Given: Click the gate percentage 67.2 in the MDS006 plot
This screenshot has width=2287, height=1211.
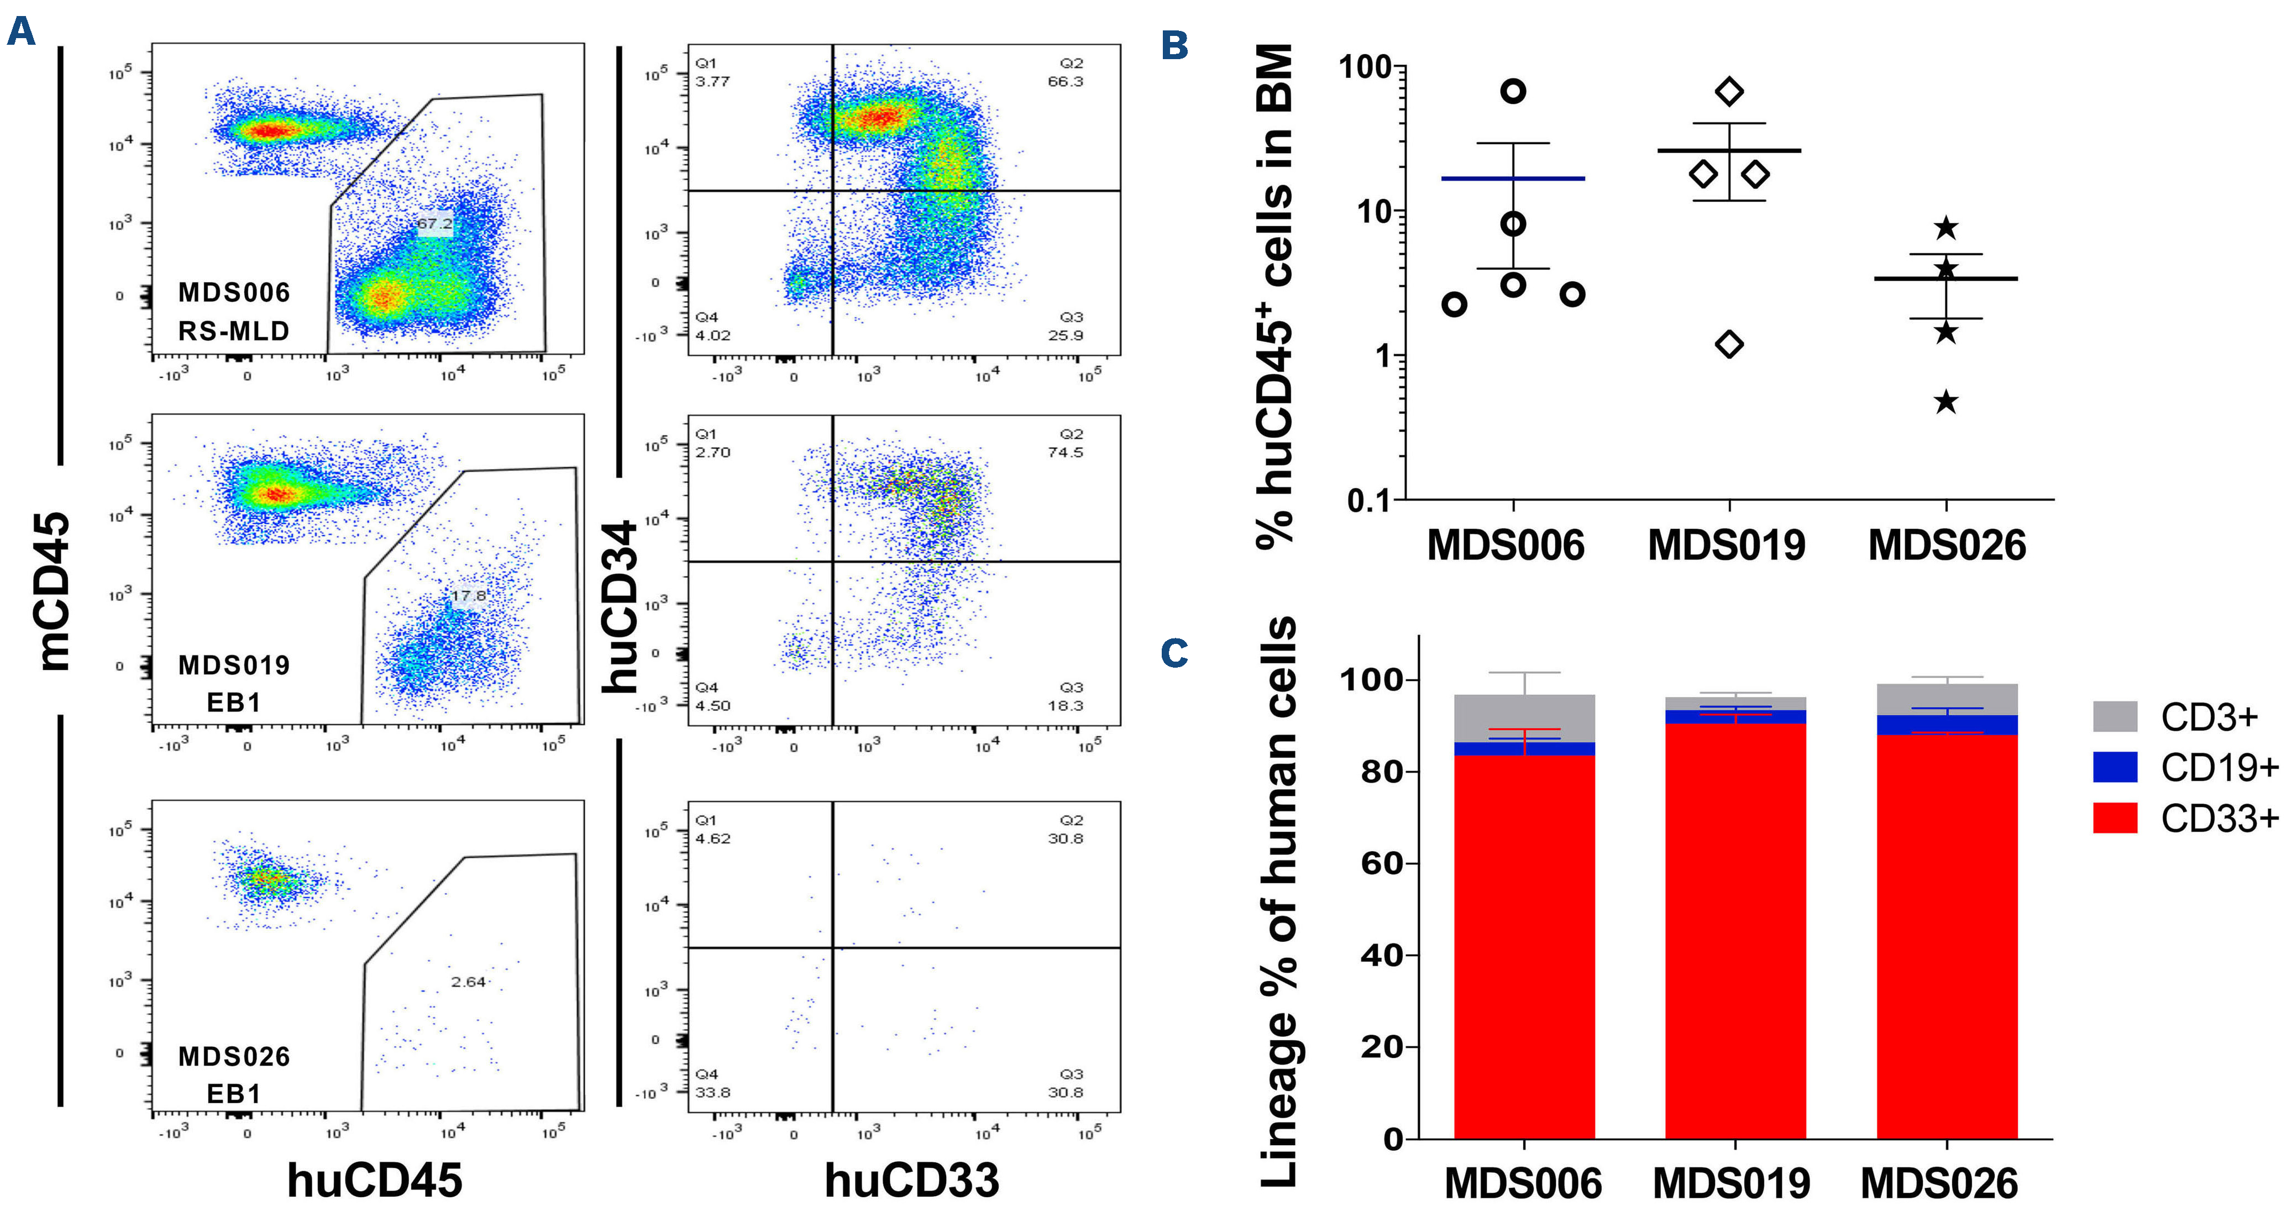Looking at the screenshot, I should click(435, 224).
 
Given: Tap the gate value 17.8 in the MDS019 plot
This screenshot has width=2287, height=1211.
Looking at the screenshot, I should click(468, 595).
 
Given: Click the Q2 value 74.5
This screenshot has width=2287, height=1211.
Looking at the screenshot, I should click(1066, 452).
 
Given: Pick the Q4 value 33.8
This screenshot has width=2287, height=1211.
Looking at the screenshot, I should click(713, 1092).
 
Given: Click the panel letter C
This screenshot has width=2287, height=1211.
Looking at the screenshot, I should click(1174, 653).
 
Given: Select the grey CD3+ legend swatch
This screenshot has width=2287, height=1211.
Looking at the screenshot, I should click(2115, 716).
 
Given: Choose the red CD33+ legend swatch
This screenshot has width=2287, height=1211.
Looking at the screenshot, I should click(2115, 817).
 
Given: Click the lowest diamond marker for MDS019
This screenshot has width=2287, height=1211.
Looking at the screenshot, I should click(1729, 344).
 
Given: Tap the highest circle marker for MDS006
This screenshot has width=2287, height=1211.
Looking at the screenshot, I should click(1513, 91).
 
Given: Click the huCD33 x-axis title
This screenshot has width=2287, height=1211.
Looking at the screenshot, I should click(912, 1181).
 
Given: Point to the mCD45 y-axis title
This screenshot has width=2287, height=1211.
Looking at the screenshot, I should click(55, 590).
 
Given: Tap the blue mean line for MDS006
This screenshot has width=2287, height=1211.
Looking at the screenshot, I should click(1513, 179).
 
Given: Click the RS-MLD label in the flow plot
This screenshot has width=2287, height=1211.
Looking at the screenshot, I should click(233, 331).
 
